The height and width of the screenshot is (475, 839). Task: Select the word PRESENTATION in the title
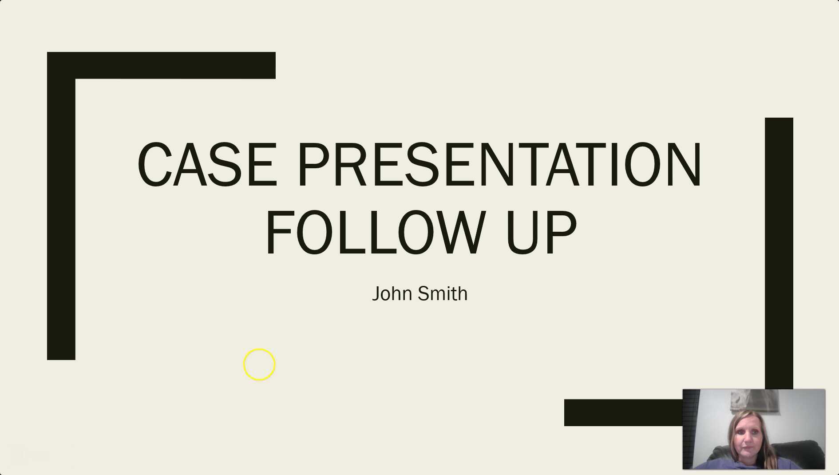click(499, 165)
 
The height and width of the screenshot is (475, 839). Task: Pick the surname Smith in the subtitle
click(443, 294)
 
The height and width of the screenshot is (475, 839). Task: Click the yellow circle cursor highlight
click(260, 364)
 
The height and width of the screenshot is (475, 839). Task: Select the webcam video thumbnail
click(754, 429)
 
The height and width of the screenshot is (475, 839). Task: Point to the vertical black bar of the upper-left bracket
click(61, 218)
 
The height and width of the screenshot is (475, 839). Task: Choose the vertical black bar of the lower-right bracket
click(779, 253)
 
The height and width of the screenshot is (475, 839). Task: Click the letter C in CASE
click(154, 165)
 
